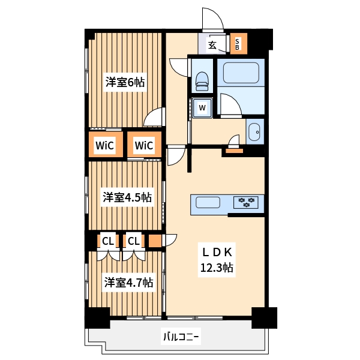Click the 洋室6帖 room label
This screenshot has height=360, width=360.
coord(125,82)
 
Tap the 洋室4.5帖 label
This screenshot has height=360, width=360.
coord(126,197)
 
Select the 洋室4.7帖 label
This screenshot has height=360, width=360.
coord(128,281)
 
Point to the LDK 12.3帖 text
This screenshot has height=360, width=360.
coord(216,260)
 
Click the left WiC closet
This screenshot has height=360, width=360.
coord(105,145)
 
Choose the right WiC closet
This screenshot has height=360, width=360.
coord(144,145)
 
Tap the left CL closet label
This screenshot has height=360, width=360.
coord(107,241)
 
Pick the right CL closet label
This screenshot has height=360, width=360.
coord(133,241)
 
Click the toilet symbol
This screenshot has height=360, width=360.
coord(202,80)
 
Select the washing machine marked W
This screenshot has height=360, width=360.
coord(202,108)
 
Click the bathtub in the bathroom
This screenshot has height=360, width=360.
coord(239,73)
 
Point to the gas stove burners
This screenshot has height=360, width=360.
coord(246,203)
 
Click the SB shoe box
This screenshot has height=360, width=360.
coord(238,44)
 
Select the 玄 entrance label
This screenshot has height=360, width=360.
coord(212,44)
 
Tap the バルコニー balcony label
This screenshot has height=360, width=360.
coord(181,337)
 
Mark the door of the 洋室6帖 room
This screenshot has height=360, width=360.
coord(154,117)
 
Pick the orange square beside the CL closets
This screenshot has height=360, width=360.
coord(155,241)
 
